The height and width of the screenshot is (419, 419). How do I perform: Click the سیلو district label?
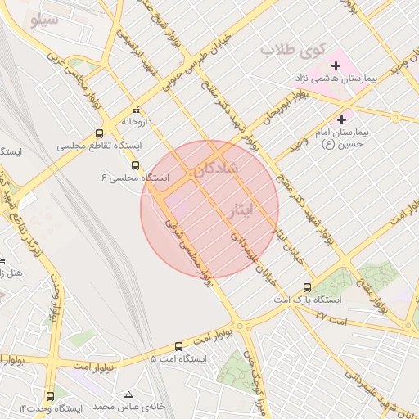coord(43,20)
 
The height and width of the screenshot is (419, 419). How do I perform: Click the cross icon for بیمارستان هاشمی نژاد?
coord(336,65)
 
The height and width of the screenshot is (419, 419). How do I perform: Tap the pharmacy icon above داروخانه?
coord(137,110)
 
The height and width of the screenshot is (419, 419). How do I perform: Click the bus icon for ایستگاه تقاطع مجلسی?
coord(100,134)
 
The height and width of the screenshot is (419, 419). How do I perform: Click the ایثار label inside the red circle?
coord(247,210)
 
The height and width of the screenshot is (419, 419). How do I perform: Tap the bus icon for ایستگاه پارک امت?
coord(307,287)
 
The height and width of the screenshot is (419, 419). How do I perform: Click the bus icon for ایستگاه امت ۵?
coord(179,347)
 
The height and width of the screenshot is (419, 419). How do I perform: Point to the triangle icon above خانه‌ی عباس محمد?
coord(128,394)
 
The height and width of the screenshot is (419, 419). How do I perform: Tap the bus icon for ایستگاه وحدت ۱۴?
coord(51,396)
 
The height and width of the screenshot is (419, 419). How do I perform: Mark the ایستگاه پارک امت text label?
coord(307,300)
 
